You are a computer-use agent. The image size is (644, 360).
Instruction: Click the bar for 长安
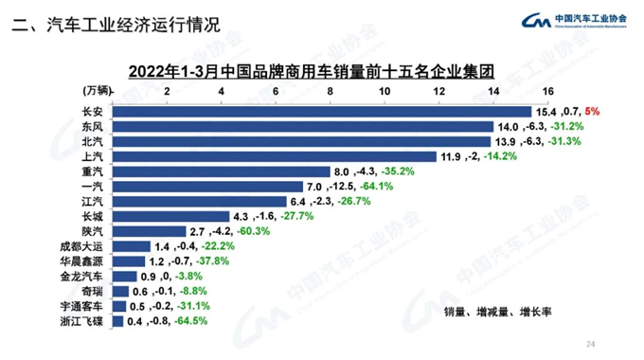pyautogui.click(x=322, y=111)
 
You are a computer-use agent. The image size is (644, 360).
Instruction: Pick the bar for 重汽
pyautogui.click(x=222, y=171)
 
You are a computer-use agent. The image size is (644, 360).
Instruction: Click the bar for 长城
pyautogui.click(x=171, y=216)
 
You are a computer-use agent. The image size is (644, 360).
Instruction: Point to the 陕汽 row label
pyautogui.click(x=93, y=231)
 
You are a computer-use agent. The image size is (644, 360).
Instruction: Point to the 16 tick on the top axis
pyautogui.click(x=547, y=90)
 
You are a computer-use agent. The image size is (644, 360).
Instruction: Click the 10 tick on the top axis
pyautogui.click(x=385, y=90)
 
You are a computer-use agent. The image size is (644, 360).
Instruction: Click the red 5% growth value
pyautogui.click(x=593, y=111)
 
